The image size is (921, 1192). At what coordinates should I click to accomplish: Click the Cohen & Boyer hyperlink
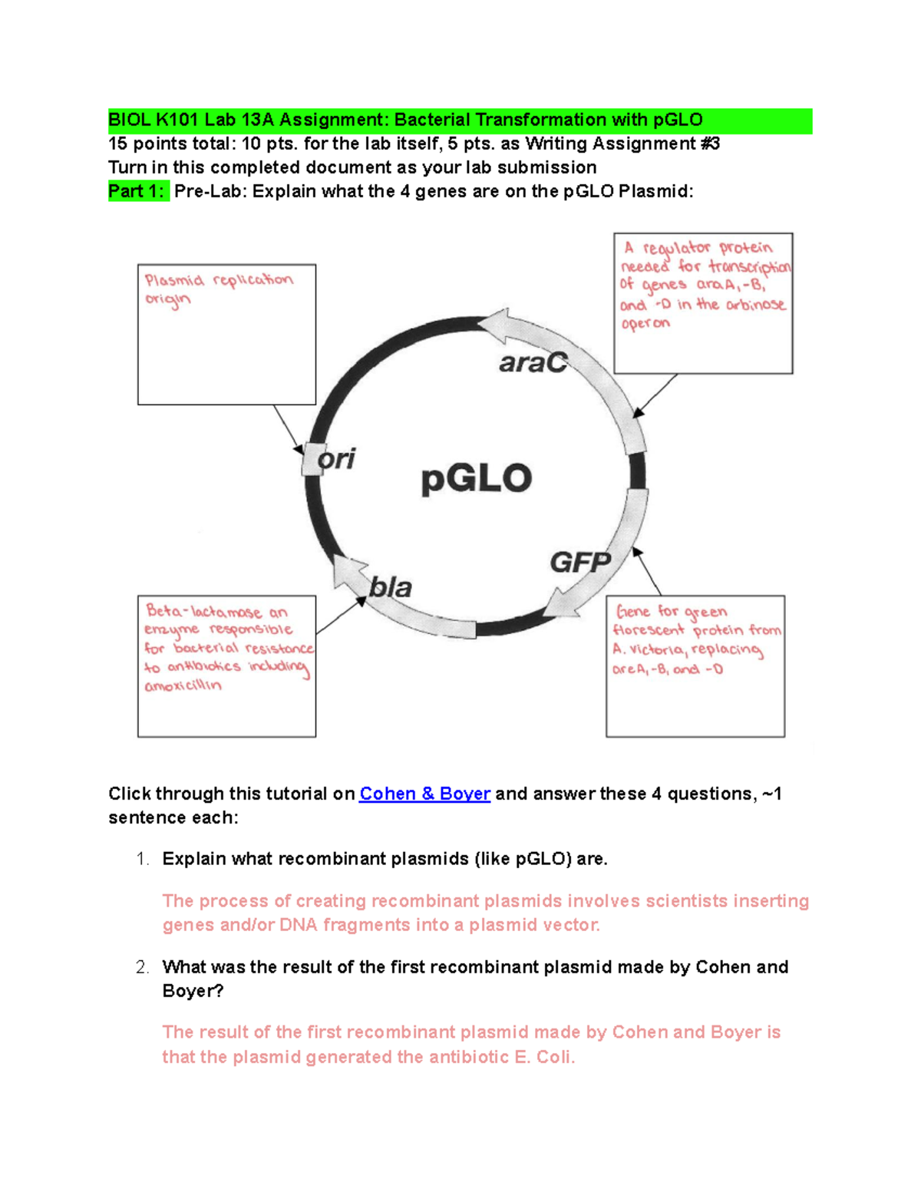424,794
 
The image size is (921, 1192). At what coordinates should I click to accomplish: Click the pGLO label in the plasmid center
477,478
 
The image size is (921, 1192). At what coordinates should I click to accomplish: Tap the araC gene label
533,362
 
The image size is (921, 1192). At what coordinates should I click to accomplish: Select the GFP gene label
580,563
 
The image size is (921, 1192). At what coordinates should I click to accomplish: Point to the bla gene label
391,588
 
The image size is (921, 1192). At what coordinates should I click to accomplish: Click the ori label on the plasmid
337,459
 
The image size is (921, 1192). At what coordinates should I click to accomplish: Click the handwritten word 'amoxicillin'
183,685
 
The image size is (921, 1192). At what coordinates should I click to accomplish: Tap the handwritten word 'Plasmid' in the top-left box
174,281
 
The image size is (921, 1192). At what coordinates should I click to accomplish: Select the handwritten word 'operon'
645,324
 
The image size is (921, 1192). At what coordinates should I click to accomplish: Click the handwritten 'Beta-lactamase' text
204,612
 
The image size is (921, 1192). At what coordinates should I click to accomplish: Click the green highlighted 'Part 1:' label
137,191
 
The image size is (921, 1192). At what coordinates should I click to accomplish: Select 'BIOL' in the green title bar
130,121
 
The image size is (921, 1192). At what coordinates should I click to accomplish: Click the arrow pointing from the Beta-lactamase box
341,616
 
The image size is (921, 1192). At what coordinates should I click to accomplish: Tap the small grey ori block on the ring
312,460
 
